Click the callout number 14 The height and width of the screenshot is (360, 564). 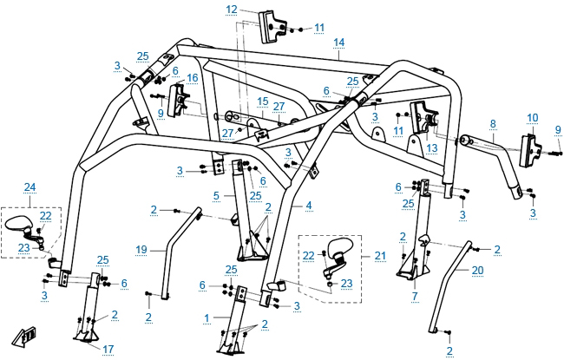(338, 42)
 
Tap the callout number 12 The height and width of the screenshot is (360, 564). (230, 9)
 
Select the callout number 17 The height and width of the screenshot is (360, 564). (108, 350)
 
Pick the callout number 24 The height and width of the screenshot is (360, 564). (30, 187)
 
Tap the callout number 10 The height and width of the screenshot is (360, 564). (532, 116)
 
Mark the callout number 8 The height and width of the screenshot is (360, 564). (492, 124)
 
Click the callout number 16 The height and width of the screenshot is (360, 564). (192, 77)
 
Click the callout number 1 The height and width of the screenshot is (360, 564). (206, 317)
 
